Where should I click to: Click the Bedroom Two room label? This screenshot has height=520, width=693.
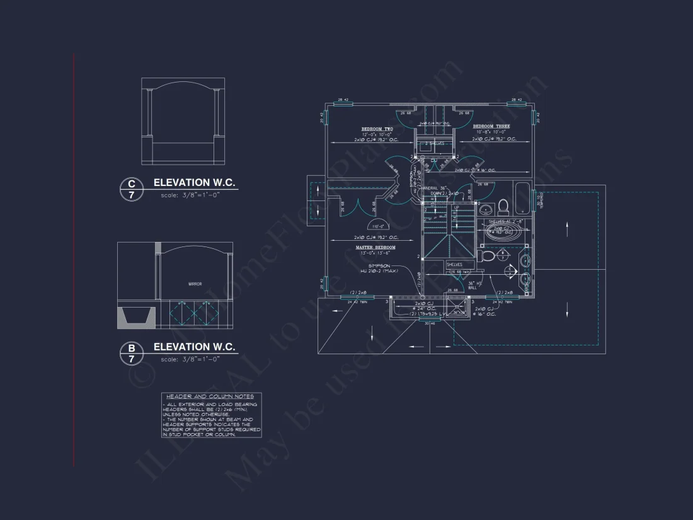tap(377, 129)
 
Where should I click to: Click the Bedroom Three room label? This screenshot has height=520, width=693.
tap(491, 126)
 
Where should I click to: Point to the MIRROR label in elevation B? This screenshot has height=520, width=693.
tap(195, 284)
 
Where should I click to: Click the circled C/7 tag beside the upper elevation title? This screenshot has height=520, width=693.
tap(131, 190)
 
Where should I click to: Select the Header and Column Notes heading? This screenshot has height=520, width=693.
tap(210, 396)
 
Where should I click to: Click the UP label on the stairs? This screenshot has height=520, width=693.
tap(457, 207)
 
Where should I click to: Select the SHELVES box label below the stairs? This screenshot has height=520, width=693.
tap(454, 265)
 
